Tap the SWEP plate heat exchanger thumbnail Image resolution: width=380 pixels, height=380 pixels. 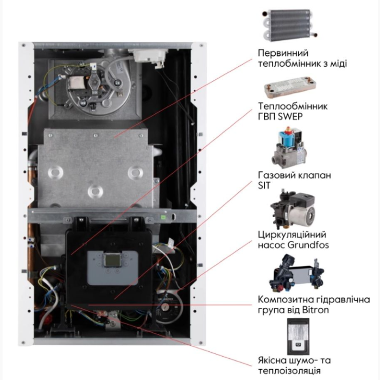click(x=290, y=87)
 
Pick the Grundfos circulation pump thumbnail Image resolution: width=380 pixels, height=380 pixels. click(x=293, y=209)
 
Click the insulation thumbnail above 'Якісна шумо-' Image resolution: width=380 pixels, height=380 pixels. click(x=298, y=337)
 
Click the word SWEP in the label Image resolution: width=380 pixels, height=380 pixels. click(x=290, y=117)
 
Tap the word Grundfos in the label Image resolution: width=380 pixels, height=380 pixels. click(x=308, y=245)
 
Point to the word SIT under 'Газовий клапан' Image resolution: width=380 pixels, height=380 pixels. click(x=264, y=186)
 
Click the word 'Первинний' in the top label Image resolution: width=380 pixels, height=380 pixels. click(x=283, y=53)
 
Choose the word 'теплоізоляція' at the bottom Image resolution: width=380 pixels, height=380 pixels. click(x=289, y=371)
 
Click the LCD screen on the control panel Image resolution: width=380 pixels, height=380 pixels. click(x=112, y=259)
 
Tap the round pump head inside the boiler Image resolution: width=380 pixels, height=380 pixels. click(x=167, y=307)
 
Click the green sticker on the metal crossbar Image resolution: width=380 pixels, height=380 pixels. click(x=164, y=217)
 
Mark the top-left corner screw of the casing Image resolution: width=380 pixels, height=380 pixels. click(x=23, y=45)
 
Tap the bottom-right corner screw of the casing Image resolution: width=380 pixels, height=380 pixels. click(x=201, y=343)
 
